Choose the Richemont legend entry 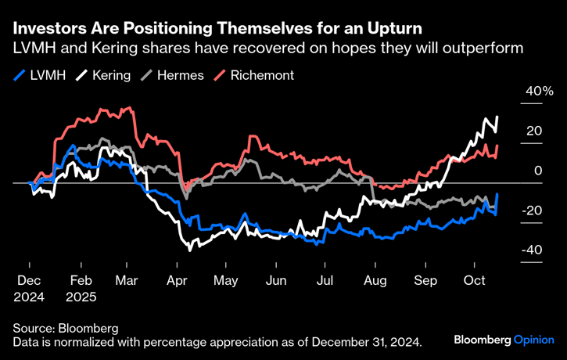(255, 77)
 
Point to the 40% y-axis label (517, 92)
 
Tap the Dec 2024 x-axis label (30, 288)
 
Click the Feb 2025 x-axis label (81, 288)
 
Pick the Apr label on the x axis (177, 280)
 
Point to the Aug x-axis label (375, 280)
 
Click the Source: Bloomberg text (65, 328)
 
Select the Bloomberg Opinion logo (504, 340)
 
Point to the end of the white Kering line (497, 117)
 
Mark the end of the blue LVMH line (497, 195)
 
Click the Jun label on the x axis (276, 280)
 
